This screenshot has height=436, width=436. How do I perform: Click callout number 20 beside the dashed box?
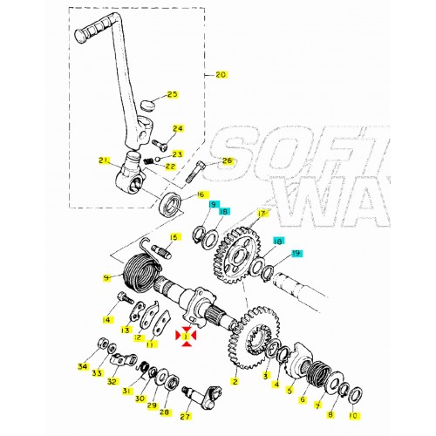point(220,75)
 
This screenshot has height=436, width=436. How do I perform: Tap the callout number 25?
point(172,94)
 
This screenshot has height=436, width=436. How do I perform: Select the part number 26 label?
point(228,160)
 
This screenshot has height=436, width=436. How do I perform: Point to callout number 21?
point(104,160)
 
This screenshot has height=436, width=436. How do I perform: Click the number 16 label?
point(201,194)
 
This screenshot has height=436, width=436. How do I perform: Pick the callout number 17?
point(262,213)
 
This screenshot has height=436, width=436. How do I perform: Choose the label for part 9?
point(107,277)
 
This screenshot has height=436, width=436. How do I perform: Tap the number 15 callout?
point(174,236)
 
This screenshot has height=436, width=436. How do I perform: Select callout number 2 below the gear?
point(234,381)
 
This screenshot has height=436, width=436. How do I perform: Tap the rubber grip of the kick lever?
point(92,34)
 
